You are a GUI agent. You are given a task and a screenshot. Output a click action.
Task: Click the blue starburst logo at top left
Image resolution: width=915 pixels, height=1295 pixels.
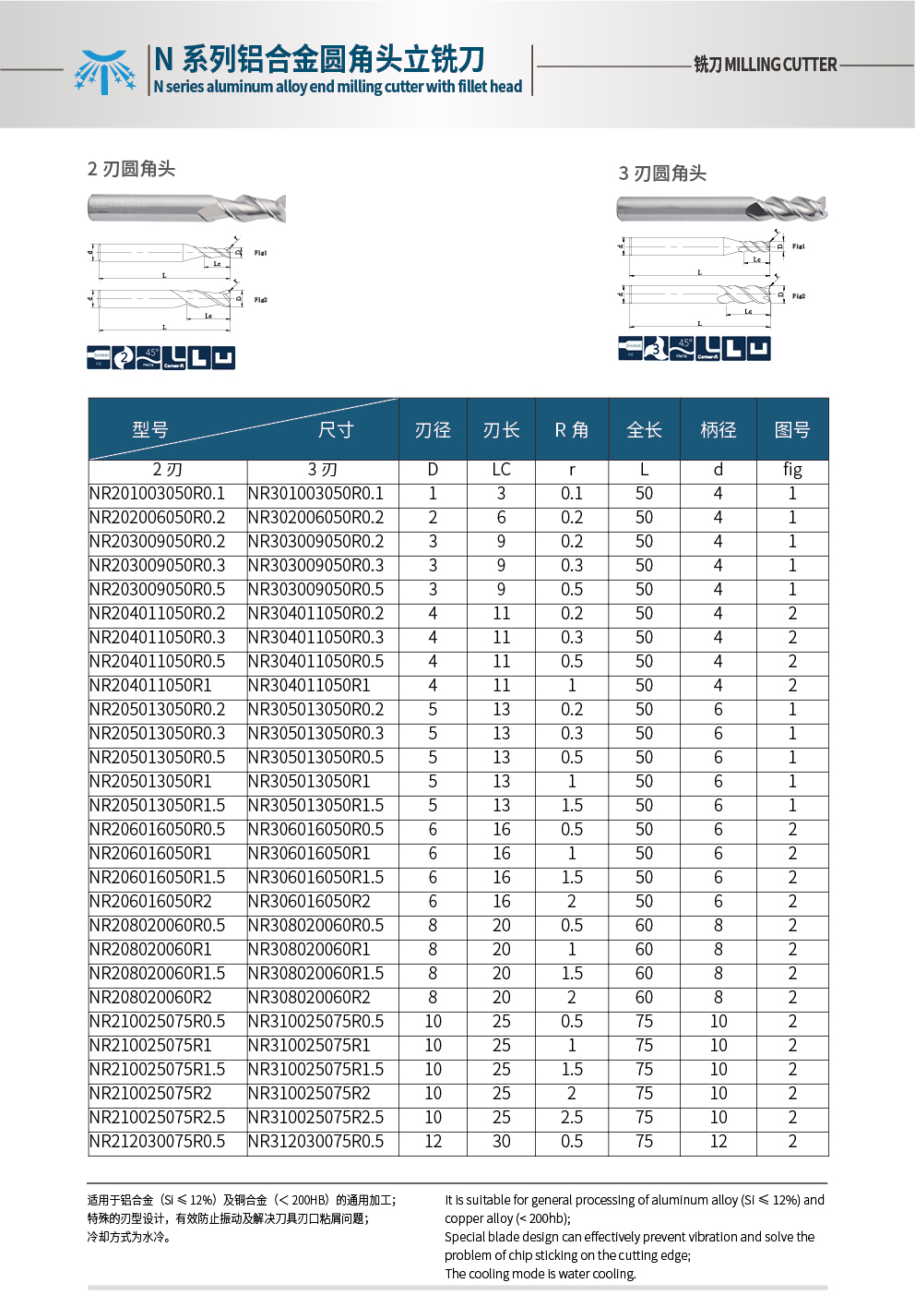[104, 71]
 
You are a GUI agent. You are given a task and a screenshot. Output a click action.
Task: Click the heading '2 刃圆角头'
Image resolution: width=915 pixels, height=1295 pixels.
[131, 169]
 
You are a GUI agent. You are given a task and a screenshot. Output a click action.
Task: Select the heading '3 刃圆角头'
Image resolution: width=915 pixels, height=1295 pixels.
[662, 174]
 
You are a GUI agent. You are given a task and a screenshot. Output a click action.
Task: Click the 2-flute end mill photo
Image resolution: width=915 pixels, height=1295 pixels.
[186, 208]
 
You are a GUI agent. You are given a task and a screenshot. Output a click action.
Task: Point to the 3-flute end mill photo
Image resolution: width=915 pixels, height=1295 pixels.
[721, 209]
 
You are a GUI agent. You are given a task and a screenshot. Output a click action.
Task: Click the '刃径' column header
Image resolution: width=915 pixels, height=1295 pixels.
[433, 430]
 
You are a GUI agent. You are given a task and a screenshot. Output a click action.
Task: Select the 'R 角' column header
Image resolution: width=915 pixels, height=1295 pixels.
[572, 430]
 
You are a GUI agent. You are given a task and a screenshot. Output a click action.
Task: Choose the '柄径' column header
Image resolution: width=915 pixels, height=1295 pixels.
[718, 430]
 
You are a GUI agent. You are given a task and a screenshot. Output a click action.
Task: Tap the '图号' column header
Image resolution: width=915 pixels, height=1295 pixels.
[791, 430]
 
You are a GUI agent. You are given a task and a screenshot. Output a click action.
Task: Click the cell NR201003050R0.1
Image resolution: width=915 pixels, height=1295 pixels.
[158, 494]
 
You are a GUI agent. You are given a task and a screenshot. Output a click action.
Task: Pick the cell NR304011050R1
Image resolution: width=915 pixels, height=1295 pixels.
[309, 686]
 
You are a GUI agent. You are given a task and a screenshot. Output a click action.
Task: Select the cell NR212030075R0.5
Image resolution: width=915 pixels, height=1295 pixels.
[158, 1142]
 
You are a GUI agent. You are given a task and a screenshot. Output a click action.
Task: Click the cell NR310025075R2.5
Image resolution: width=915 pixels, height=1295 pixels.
[315, 1118]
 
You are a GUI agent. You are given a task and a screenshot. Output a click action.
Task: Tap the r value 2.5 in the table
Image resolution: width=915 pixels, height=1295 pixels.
[572, 1118]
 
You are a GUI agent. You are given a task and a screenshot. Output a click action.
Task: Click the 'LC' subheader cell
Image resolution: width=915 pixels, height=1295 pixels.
[501, 470]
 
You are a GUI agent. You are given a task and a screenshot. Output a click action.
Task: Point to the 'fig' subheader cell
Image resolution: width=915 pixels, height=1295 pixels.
[791, 470]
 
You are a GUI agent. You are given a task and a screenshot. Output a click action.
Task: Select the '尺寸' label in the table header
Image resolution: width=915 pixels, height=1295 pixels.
[336, 430]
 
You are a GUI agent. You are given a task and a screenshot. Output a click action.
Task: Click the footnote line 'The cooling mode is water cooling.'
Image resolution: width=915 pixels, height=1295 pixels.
[541, 1274]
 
